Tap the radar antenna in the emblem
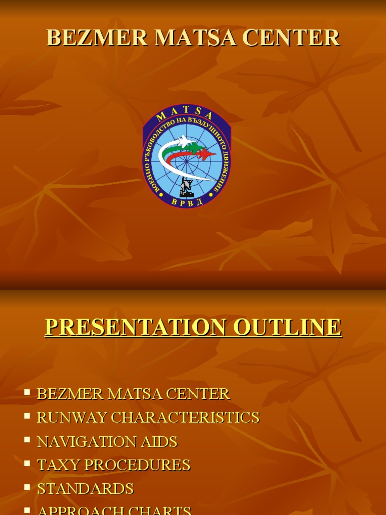coord(186,187)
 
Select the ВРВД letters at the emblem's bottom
coord(186,201)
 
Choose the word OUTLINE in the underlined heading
coord(286,327)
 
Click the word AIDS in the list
coord(161,442)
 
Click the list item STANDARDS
coord(85,489)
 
